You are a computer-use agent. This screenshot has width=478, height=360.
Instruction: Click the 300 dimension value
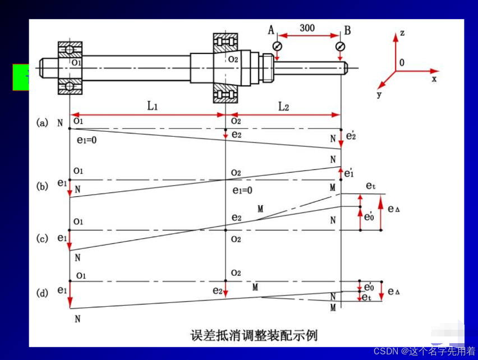point(307,28)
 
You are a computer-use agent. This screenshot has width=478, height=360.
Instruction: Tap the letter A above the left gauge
point(272,30)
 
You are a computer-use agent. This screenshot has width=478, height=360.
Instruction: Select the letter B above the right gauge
point(347,30)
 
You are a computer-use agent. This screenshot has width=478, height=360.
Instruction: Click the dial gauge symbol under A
point(277,46)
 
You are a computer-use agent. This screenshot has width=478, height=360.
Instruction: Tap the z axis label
point(402,33)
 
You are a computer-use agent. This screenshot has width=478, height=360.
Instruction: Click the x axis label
point(434,79)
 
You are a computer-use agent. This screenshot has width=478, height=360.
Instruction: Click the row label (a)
point(42,122)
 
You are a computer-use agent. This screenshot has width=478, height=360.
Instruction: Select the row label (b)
point(42,186)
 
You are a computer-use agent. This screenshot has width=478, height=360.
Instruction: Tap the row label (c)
point(42,238)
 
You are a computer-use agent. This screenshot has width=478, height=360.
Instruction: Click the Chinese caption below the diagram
point(254,336)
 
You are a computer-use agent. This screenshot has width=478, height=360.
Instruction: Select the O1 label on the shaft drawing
point(76,63)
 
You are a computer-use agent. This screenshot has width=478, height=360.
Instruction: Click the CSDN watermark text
point(425,351)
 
